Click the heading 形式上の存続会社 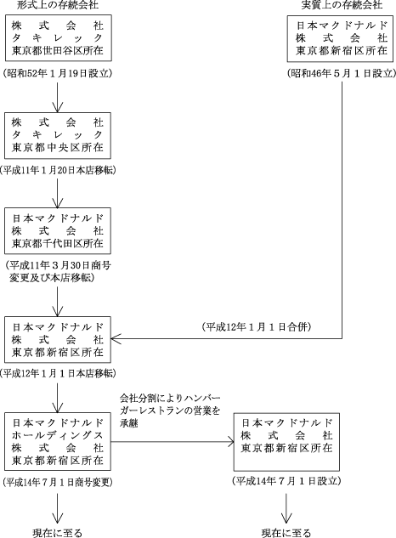[57, 4]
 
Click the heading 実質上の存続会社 [342, 4]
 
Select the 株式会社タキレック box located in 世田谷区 [58, 37]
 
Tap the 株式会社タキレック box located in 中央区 [58, 135]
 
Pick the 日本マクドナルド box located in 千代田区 [58, 230]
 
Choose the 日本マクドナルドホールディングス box [58, 442]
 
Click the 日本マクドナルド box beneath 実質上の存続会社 [340, 38]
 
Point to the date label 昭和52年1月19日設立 [57, 73]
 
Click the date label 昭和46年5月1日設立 [342, 73]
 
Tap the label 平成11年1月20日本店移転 [58, 170]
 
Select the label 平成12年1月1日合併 [257, 327]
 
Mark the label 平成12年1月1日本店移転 [58, 373]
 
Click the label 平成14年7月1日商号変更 [58, 482]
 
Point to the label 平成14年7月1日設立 [286, 481]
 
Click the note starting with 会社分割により [170, 411]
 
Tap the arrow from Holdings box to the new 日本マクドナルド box [173, 442]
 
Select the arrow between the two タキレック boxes [57, 98]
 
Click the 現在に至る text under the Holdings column [57, 533]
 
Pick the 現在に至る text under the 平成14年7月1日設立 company [286, 533]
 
